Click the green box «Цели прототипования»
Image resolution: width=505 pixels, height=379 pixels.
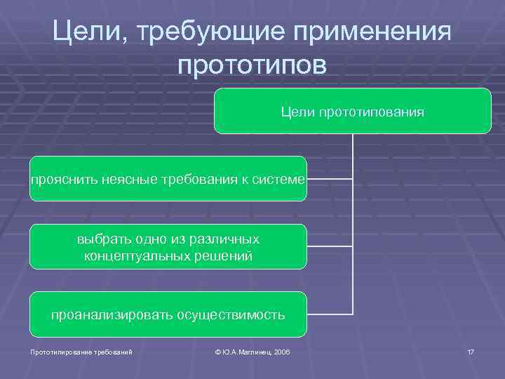[x=352, y=111]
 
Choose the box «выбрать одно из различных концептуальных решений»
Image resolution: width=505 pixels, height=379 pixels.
[x=168, y=246]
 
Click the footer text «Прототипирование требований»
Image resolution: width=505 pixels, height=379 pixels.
[x=76, y=351]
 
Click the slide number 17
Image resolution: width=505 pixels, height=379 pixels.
[x=470, y=351]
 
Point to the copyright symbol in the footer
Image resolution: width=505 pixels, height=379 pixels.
[x=219, y=351]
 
